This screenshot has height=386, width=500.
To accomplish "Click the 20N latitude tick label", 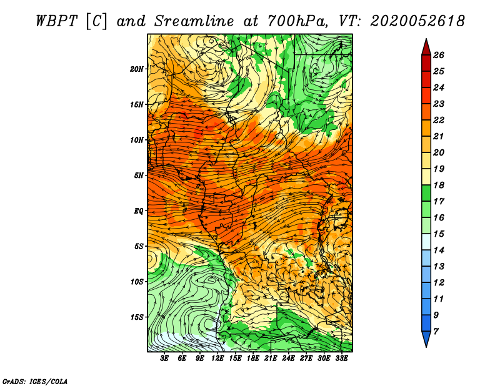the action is [136, 69].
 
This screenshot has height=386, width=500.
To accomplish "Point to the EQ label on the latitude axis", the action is [139, 211].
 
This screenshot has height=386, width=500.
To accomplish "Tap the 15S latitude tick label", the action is [136, 317].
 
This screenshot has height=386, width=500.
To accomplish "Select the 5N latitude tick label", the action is [139, 176].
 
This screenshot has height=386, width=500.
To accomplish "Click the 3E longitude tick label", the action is [164, 359].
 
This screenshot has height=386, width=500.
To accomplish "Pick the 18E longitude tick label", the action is [253, 359].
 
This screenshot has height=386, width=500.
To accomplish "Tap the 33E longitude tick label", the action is [341, 359].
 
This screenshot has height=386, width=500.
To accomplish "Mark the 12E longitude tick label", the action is [217, 359].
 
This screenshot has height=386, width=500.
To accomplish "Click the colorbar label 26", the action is [439, 55].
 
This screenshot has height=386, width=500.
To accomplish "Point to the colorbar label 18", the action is [439, 185].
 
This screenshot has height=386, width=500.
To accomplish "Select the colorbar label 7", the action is [436, 332].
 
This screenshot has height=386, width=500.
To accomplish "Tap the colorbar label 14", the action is [439, 250].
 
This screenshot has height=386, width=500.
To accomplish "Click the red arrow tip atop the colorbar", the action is [426, 39].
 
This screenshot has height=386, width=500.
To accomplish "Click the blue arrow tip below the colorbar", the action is [426, 347].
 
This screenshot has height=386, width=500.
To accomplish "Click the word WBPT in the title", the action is [56, 21].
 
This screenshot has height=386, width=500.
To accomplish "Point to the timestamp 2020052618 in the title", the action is [417, 21].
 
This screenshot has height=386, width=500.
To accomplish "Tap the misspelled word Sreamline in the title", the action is [194, 21].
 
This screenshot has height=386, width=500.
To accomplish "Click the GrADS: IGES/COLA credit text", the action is [35, 381].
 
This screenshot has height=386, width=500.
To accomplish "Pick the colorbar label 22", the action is [439, 120].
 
